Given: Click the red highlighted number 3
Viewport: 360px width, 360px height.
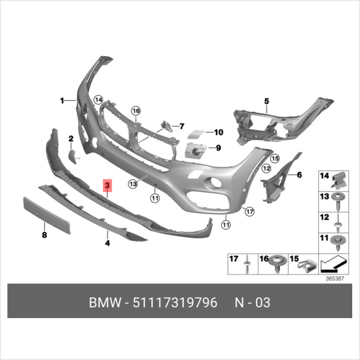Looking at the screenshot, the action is click(x=107, y=185).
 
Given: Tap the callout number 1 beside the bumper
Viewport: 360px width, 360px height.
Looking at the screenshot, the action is click(x=62, y=100).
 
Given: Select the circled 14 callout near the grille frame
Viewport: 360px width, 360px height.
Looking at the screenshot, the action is click(x=99, y=100).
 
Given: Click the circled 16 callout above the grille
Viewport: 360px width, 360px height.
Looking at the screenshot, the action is click(x=136, y=111).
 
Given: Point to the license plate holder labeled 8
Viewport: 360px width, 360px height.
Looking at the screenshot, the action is click(x=47, y=215).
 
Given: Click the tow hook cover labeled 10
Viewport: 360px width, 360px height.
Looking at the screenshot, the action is click(x=196, y=134).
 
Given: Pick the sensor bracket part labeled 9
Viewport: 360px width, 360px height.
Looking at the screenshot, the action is click(x=196, y=151).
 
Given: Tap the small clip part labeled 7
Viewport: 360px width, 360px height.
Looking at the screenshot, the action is click(x=167, y=127).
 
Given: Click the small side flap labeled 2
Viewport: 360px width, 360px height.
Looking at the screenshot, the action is click(x=73, y=157).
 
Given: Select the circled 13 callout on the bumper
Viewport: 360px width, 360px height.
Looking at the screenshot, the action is click(x=133, y=184).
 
